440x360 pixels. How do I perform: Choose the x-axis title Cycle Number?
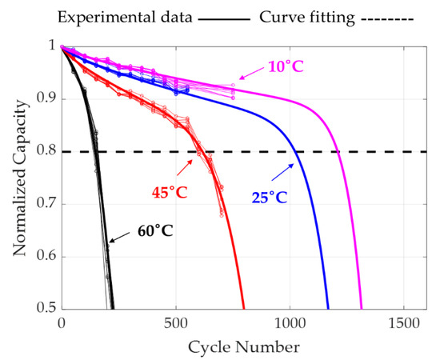point(233,346)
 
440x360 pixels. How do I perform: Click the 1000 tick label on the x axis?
point(288,325)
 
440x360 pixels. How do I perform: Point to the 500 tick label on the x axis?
point(175,325)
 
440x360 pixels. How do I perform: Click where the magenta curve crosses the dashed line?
point(338,152)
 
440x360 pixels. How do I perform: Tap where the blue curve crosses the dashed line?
point(297,152)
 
